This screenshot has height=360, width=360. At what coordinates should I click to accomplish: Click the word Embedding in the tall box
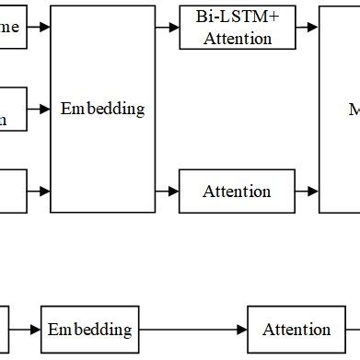102,109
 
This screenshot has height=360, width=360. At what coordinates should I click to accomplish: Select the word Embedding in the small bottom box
89,330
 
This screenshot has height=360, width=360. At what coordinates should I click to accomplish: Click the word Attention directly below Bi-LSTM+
238,39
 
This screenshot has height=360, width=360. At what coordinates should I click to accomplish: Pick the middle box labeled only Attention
237,192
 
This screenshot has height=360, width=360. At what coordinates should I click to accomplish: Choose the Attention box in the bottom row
296,330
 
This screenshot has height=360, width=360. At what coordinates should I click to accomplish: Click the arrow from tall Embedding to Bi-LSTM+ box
167,28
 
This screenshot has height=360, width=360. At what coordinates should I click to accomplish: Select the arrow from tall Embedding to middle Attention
167,192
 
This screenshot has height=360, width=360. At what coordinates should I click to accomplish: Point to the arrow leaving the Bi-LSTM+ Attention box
308,28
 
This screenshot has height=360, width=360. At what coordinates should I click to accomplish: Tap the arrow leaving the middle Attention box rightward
308,192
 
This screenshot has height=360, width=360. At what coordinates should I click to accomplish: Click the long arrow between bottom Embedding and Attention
193,330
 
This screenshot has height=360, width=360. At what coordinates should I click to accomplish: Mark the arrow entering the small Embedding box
25,330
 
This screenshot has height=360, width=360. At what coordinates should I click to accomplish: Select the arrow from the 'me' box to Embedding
39,28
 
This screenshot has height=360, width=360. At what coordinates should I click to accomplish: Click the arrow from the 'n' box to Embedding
39,109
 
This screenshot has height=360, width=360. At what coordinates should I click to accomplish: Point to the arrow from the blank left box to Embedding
39,192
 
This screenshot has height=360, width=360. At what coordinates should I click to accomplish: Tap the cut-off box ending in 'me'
12,28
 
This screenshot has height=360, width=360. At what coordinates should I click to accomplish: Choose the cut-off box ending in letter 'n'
12,109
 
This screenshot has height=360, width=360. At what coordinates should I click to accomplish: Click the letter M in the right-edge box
354,109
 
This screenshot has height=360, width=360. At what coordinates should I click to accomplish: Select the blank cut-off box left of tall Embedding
12,192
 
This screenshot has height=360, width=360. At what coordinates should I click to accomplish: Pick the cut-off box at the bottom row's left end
4,330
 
